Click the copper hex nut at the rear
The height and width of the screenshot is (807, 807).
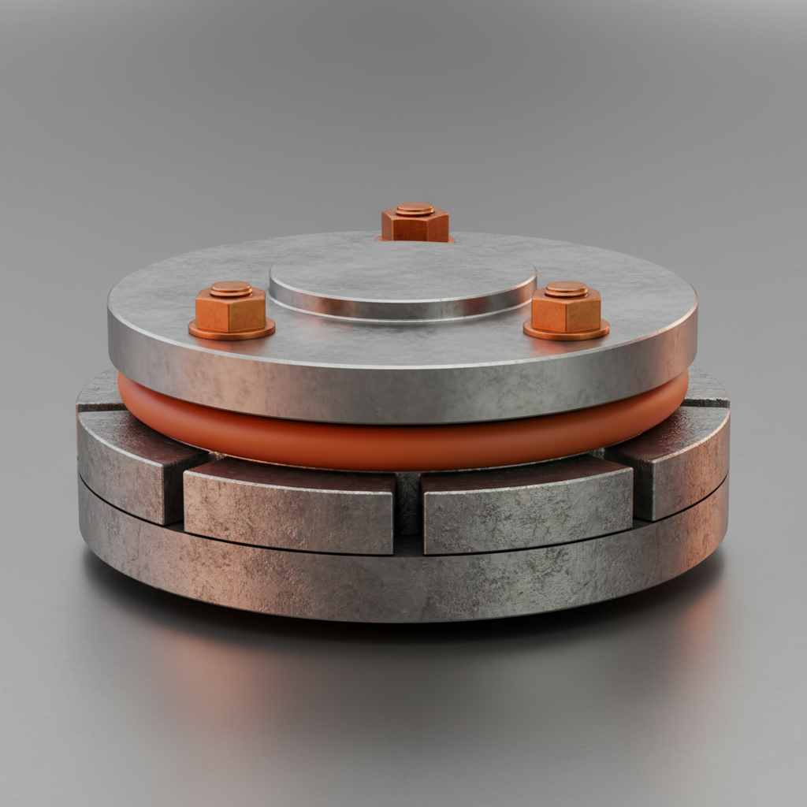(415, 226)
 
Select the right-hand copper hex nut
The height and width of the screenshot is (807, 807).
(566, 312)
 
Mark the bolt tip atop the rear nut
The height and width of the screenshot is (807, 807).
(415, 210)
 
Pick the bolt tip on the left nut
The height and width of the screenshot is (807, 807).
(231, 289)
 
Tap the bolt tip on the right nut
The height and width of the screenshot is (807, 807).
(566, 289)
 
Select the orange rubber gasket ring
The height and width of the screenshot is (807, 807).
(402, 445)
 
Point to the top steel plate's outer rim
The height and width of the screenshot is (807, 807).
(402, 394)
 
